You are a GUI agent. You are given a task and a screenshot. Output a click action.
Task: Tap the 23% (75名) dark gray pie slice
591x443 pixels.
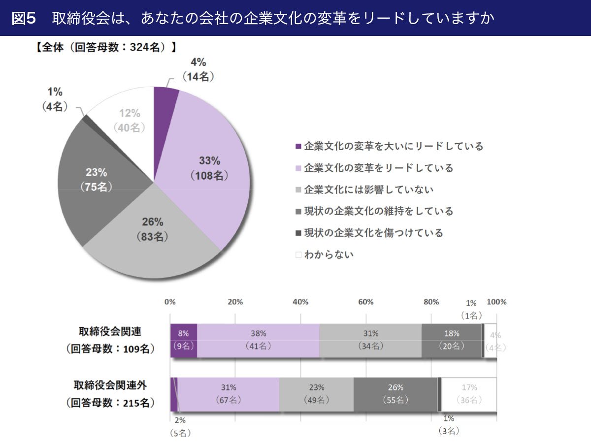pos(97,180)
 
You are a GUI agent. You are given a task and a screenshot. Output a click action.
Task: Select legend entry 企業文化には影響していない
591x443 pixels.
pos(369,190)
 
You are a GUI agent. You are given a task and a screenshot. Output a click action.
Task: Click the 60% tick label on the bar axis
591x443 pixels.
pos(365,302)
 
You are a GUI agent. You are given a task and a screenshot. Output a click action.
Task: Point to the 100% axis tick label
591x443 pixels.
pos(496,302)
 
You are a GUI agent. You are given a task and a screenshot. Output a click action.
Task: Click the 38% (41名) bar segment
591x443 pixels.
pos(258,340)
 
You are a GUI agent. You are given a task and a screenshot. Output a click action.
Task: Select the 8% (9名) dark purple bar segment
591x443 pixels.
pos(184,340)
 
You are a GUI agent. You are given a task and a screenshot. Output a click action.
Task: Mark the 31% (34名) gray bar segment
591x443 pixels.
pos(370,340)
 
